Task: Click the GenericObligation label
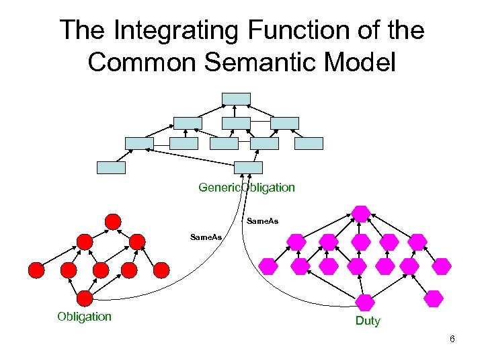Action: point(247,188)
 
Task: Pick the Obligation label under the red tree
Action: point(85,317)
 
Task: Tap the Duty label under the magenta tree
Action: point(368,321)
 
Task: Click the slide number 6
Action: point(452,339)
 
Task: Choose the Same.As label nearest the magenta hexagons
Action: point(263,221)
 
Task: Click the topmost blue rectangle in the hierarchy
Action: point(236,99)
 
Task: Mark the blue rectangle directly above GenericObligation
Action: point(248,167)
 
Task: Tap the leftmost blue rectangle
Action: point(111,167)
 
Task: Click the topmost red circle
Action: point(113,221)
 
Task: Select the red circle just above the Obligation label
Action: point(85,298)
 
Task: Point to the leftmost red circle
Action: point(36,270)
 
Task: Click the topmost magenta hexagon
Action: point(362,214)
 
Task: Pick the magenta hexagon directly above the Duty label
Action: point(366,302)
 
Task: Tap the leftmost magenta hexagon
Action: point(269,266)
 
